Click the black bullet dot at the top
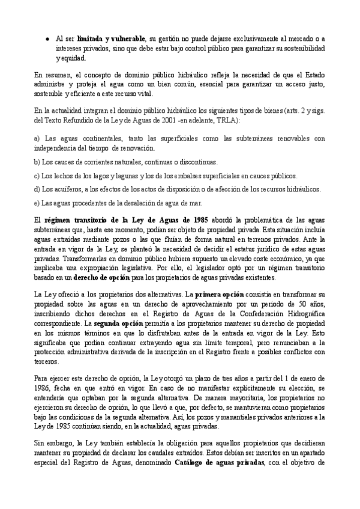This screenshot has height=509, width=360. [x=47, y=38]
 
